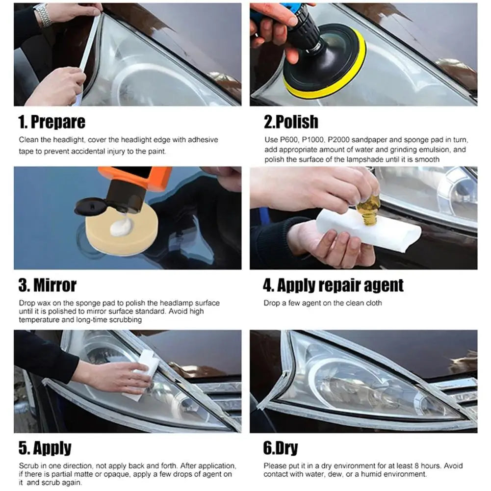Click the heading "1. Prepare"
click(52, 122)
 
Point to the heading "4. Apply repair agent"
click(333, 285)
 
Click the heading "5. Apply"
click(45, 448)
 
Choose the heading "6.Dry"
click(281, 448)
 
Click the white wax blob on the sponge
click(121, 227)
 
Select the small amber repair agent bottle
click(369, 210)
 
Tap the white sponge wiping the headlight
click(142, 374)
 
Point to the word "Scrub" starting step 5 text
click(28, 465)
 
